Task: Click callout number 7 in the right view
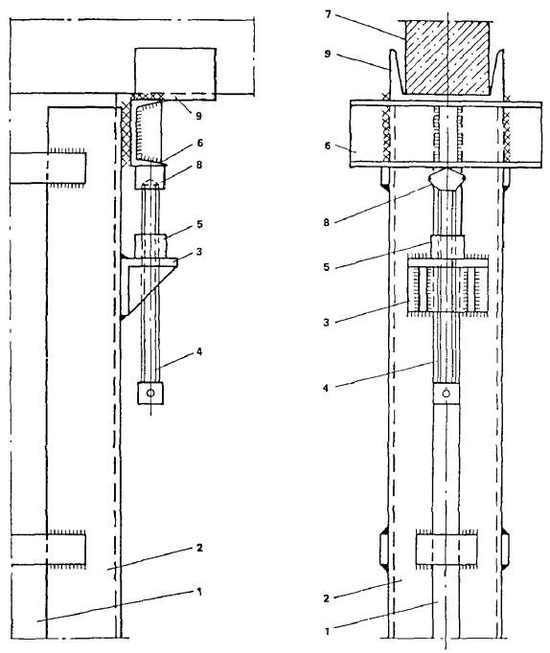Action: click(328, 15)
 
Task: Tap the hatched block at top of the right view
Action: click(447, 57)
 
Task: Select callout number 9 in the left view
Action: click(198, 116)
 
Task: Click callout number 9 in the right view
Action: click(328, 54)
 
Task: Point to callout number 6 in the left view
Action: click(200, 143)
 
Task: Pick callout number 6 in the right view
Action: click(327, 146)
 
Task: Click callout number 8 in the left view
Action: click(199, 165)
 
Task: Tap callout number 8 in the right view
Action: click(326, 222)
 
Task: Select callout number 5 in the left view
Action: click(199, 224)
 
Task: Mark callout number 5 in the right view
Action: click(327, 267)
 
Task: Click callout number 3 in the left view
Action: click(199, 252)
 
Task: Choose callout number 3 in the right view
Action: click(326, 323)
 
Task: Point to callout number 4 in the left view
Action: click(199, 352)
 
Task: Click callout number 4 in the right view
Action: click(326, 388)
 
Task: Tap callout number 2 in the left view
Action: click(199, 548)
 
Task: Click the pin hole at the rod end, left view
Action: click(150, 394)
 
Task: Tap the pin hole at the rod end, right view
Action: click(447, 394)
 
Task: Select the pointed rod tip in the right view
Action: click(447, 178)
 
